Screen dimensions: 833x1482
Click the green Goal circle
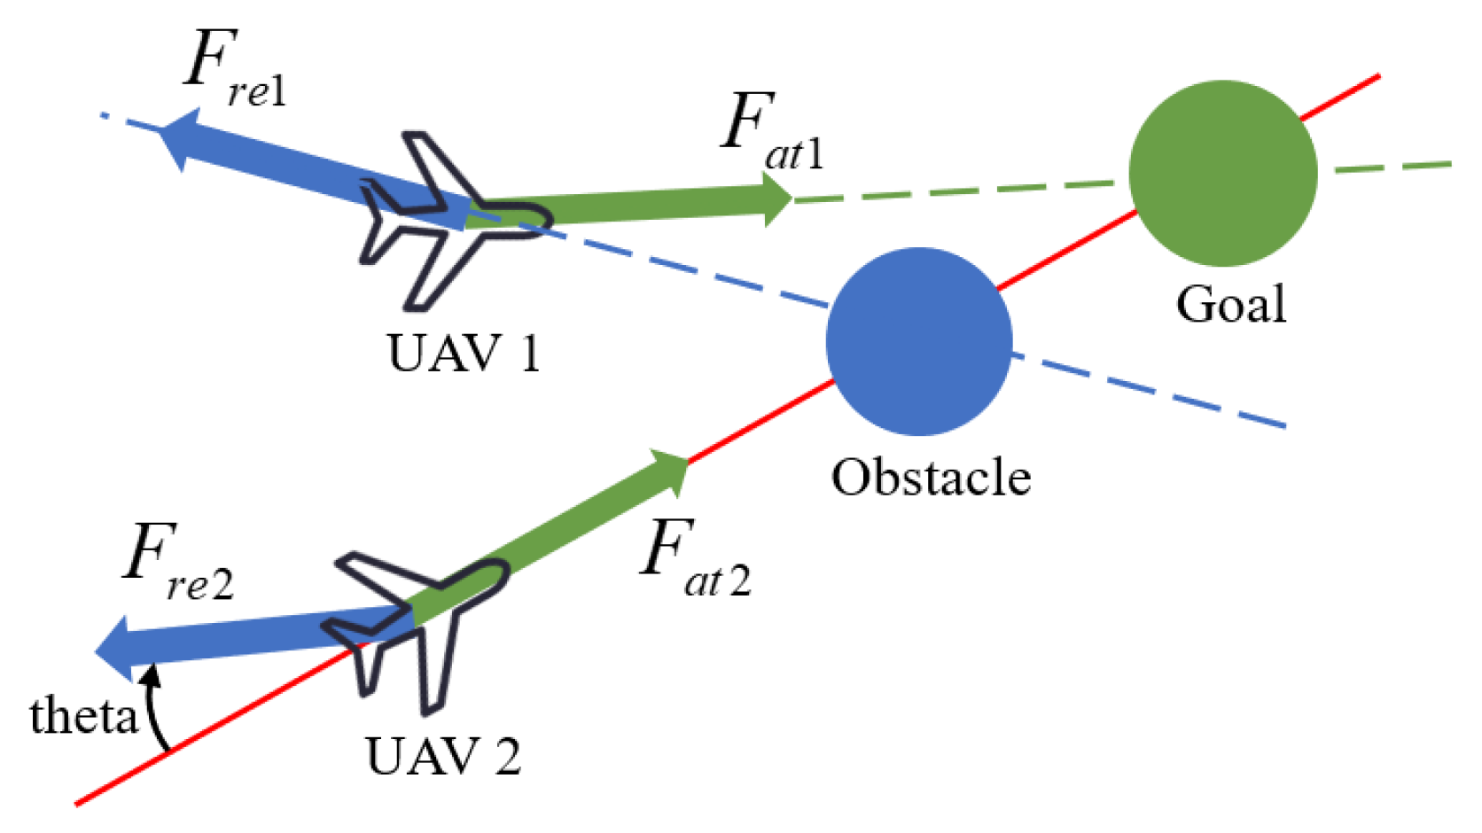point(1222,174)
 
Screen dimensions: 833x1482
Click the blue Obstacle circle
point(919,341)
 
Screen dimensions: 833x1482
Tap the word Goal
point(1230,305)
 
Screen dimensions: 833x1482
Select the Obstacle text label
point(931,478)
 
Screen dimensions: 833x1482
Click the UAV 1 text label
point(464,354)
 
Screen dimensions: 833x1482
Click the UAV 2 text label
point(443,757)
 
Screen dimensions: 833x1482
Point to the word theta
point(84,716)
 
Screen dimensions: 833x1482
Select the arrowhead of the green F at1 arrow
point(776,199)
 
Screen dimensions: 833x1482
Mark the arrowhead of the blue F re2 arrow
point(114,650)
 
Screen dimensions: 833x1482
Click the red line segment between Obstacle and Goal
point(1068,250)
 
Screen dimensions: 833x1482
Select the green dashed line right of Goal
point(1392,167)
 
